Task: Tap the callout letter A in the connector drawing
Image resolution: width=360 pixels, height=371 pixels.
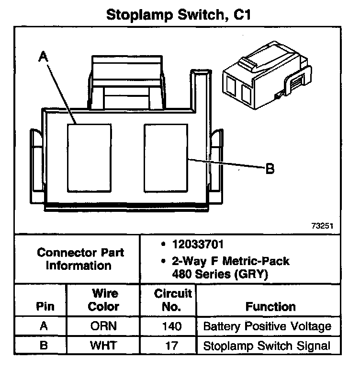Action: (x=43, y=57)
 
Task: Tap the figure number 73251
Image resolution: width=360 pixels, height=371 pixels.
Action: (x=321, y=226)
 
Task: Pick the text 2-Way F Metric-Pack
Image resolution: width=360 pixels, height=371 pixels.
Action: (x=230, y=262)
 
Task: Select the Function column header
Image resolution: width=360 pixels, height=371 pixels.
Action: (x=270, y=306)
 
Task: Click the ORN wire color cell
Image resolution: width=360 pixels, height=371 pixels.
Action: (x=102, y=327)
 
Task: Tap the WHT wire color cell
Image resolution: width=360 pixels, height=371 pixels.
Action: (x=102, y=346)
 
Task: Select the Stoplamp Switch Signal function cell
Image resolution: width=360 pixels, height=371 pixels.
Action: (x=267, y=346)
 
